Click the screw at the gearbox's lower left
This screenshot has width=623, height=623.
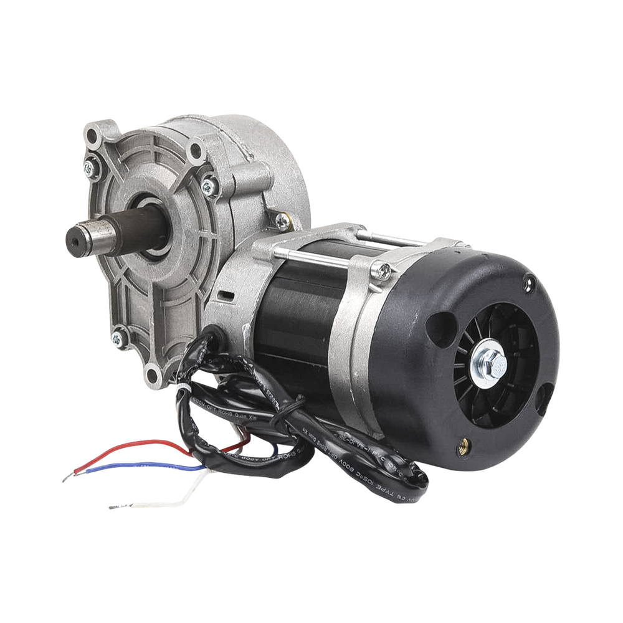pyautogui.click(x=117, y=338)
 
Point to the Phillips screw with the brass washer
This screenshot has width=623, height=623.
pyautogui.click(x=283, y=219)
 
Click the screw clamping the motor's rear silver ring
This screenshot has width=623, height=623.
pyautogui.click(x=384, y=269)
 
